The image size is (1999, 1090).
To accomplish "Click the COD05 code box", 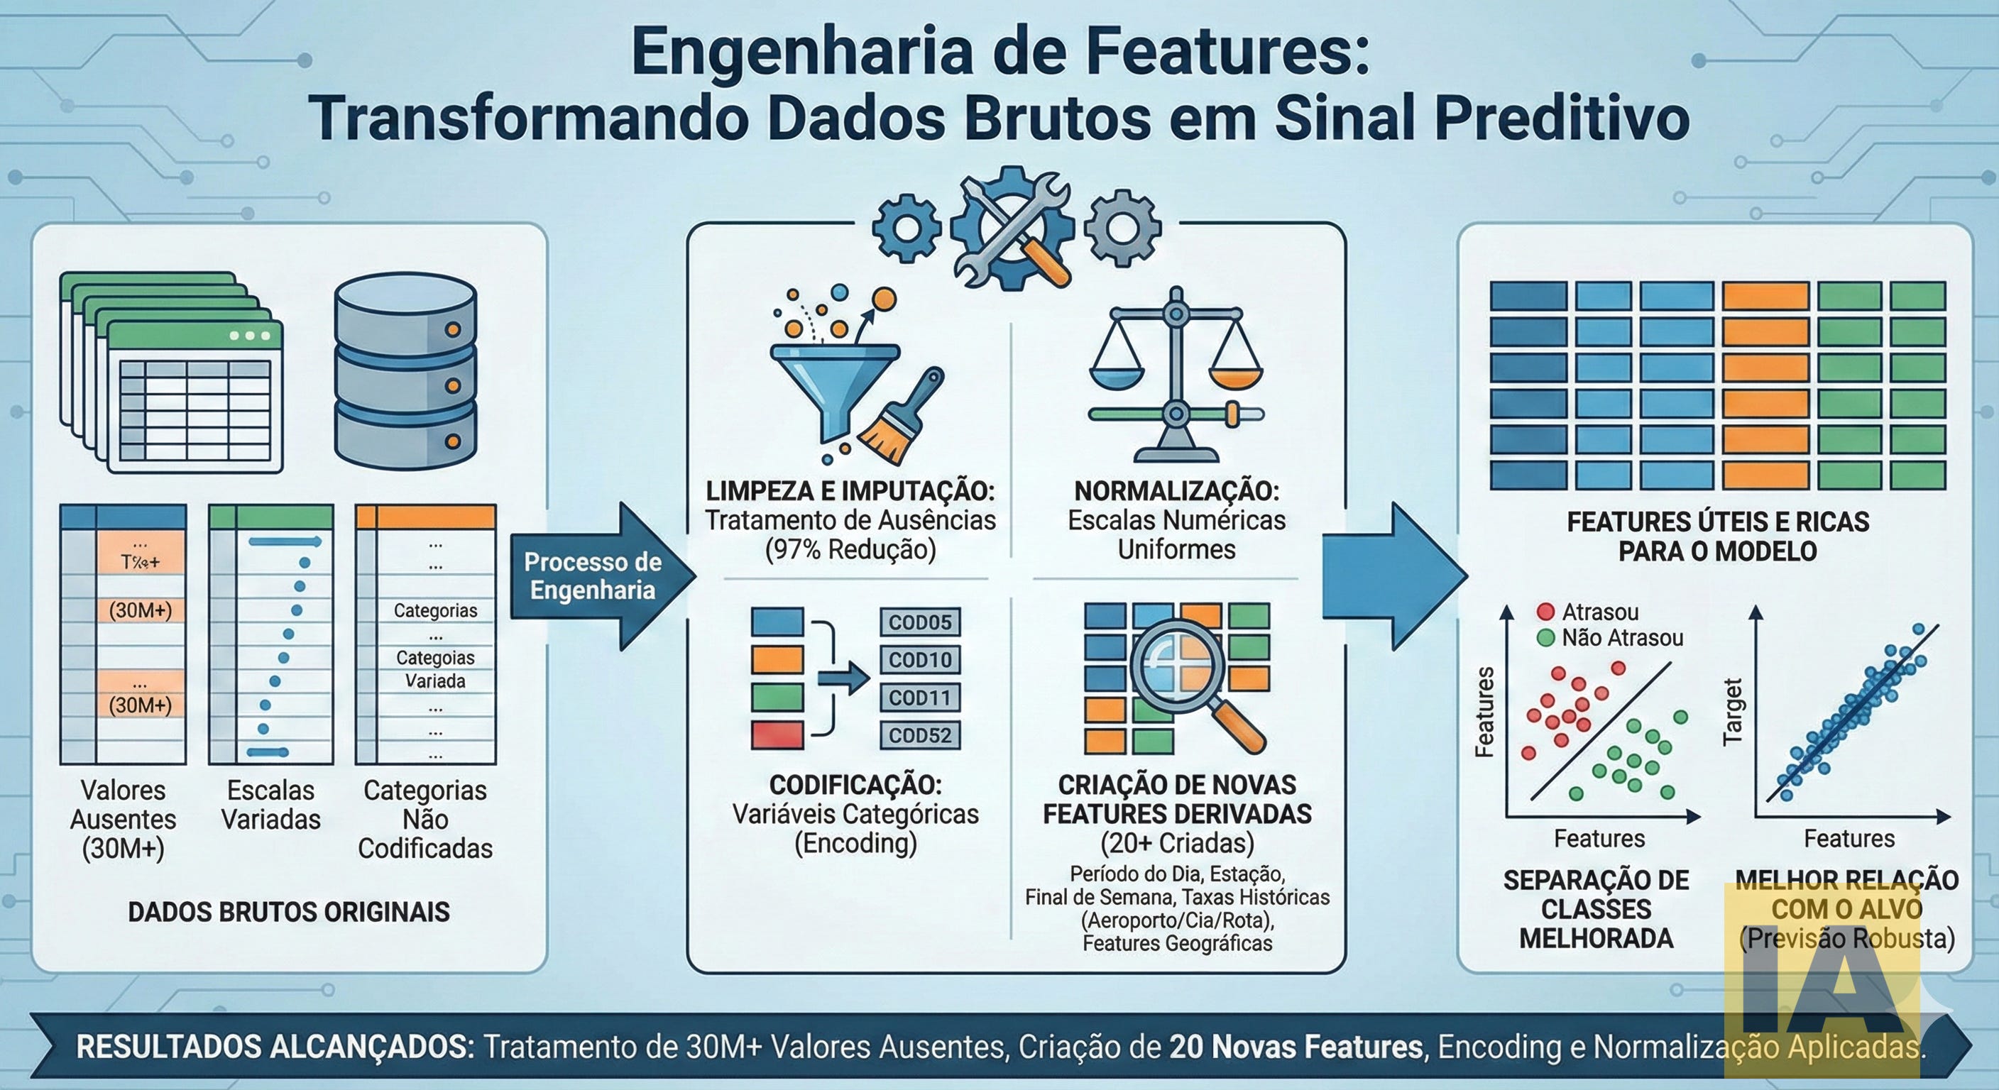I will tap(919, 622).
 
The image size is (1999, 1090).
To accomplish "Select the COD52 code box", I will tap(919, 735).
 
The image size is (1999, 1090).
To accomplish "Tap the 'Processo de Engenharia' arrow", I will tap(594, 576).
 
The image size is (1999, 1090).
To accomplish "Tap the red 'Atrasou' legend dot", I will tap(1545, 611).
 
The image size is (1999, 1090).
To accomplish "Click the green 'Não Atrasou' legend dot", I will tap(1545, 638).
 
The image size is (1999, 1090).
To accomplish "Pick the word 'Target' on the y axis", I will tap(1732, 712).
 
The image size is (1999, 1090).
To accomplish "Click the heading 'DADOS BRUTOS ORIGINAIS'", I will tap(289, 912).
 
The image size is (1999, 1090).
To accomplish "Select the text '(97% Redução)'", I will tap(850, 549).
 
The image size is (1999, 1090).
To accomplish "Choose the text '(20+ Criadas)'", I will tap(1177, 842).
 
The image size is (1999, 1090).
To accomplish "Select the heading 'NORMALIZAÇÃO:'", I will tap(1176, 491).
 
